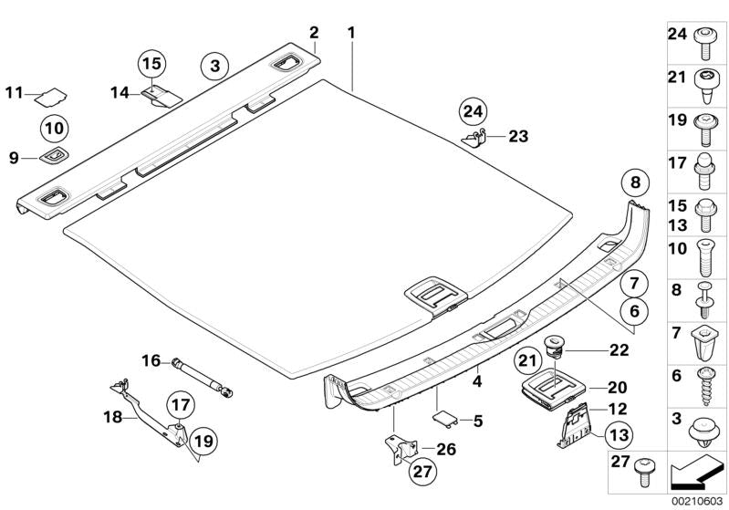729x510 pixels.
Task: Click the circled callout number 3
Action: [x=214, y=66]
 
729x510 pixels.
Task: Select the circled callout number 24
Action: [x=474, y=112]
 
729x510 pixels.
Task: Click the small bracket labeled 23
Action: [x=474, y=138]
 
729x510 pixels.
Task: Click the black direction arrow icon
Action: [x=697, y=473]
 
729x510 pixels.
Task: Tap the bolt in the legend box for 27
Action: [x=644, y=471]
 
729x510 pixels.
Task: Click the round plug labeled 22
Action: [x=552, y=347]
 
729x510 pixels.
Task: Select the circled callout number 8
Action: [x=636, y=182]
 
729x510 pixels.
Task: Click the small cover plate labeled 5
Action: [x=445, y=419]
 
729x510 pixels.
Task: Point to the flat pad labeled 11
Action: [x=52, y=97]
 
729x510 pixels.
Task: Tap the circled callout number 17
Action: [x=181, y=405]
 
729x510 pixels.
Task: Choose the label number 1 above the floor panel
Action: [x=351, y=34]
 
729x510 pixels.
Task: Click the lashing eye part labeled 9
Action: [x=55, y=155]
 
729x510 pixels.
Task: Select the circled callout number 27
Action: [x=423, y=472]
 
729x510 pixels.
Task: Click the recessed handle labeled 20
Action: [x=554, y=392]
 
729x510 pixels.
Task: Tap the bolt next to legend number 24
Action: [x=704, y=43]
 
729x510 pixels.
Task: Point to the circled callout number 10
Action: [x=55, y=128]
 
